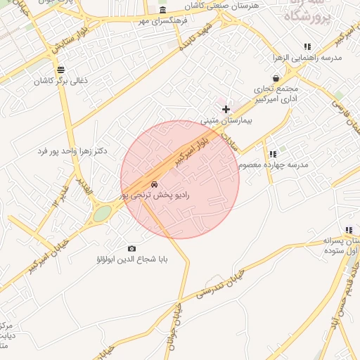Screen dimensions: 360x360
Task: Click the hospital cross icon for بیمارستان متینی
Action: tap(226, 109)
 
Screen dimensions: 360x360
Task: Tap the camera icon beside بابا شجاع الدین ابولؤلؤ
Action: tap(131, 248)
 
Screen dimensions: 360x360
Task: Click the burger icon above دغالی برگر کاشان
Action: tap(61, 70)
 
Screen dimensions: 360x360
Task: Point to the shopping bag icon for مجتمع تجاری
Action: tap(276, 79)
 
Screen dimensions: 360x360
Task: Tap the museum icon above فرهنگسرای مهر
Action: tap(163, 10)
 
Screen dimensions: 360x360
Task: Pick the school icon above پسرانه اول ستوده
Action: tap(348, 230)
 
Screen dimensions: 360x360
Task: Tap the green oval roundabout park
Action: tap(103, 213)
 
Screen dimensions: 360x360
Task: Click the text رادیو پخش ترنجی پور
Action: tap(155, 194)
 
